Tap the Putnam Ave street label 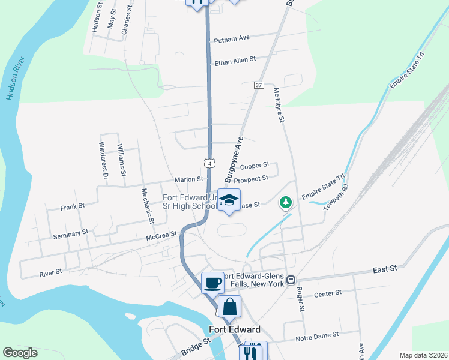pos(231,38)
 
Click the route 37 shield pos(259,85)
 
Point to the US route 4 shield pos(208,163)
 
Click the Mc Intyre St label pos(279,106)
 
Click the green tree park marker pos(286,203)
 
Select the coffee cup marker pos(212,281)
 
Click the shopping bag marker pos(230,307)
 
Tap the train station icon pos(291,280)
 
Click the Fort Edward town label pos(235,329)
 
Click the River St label pos(51,272)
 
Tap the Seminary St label pos(71,231)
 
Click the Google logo pos(20,352)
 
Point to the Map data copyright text pos(423,355)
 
